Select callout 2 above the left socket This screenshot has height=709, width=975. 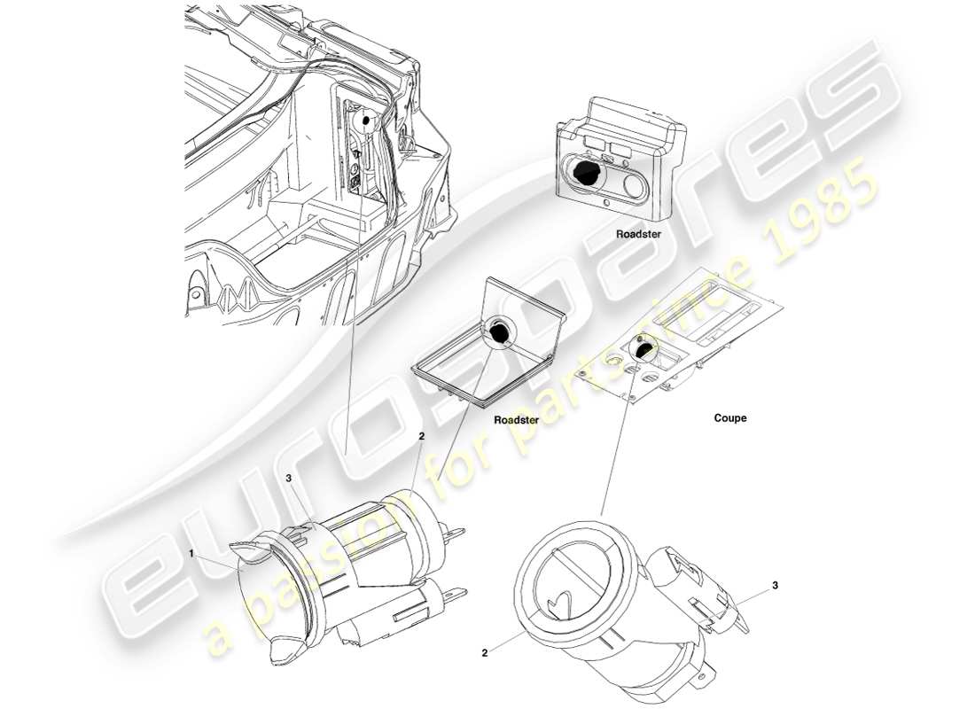(422, 437)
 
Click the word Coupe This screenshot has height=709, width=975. (729, 418)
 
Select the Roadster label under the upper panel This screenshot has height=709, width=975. (638, 235)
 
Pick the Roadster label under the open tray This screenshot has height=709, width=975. (516, 421)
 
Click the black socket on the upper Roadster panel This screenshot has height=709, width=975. (582, 172)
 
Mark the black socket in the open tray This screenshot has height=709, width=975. (500, 332)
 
